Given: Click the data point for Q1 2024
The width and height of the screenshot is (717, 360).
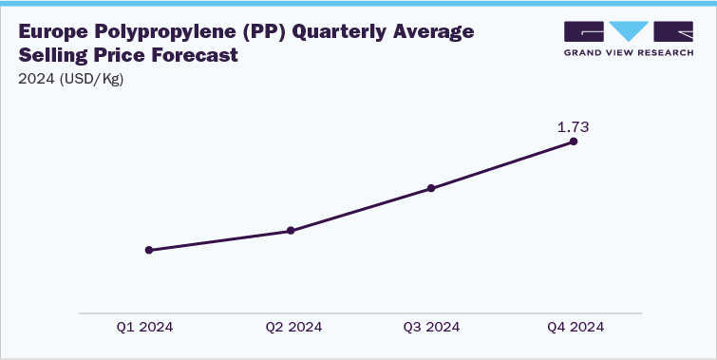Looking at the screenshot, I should point(148,250).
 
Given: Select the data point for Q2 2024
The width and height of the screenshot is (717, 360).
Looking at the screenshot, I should point(291,231).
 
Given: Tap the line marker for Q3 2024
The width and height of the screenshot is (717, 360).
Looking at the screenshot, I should point(431,188).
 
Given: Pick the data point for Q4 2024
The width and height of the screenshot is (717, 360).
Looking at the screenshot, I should point(574,142).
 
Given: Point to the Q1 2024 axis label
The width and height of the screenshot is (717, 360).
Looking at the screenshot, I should point(145,327).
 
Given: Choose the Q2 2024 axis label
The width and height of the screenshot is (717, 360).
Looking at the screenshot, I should point(293,327).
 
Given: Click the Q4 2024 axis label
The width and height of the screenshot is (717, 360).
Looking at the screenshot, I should point(575,327).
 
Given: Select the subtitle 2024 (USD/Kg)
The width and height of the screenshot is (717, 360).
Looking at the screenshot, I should point(71,79).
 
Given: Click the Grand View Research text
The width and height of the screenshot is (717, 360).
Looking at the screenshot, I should point(630,51).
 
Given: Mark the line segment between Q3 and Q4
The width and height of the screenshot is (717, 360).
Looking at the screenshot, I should point(502,165).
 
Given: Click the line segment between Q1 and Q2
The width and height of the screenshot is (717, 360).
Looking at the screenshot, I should point(219,240).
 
